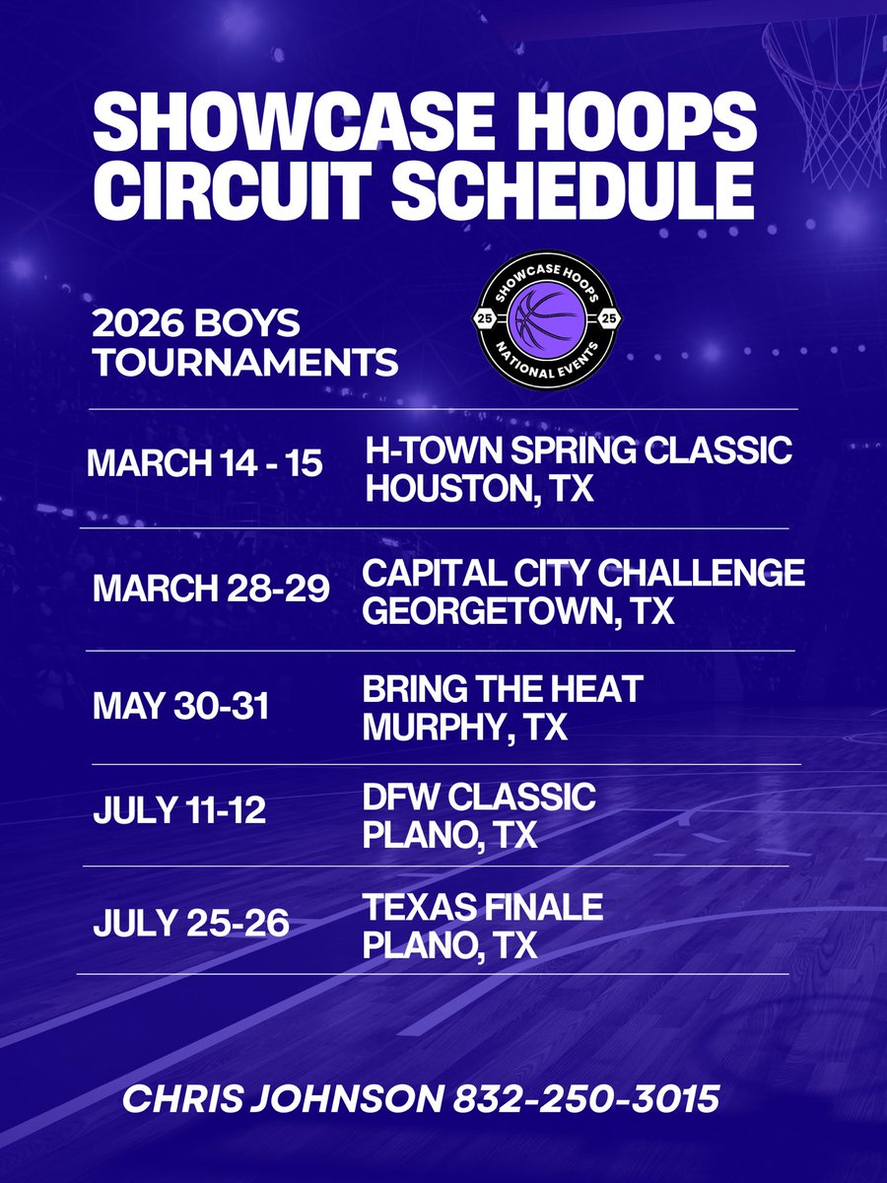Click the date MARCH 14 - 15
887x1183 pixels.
point(204,463)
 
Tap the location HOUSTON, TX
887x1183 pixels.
point(480,489)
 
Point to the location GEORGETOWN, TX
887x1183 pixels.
point(518,611)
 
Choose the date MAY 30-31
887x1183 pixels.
point(181,707)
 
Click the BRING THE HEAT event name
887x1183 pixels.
point(503,689)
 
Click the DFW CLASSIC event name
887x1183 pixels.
point(479,797)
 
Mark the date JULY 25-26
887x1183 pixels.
point(191,924)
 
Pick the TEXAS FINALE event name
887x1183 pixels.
point(483,907)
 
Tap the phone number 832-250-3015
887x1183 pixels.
point(586,1100)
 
